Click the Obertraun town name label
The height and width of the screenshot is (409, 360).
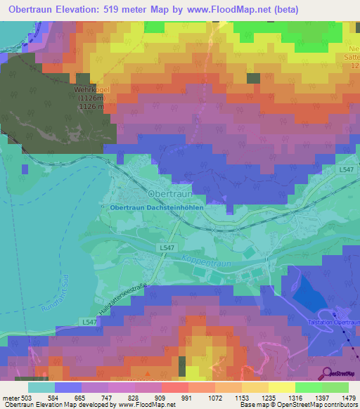(169, 193)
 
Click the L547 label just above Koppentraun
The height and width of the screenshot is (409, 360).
(166, 248)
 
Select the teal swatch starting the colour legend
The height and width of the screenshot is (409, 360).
(41, 387)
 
